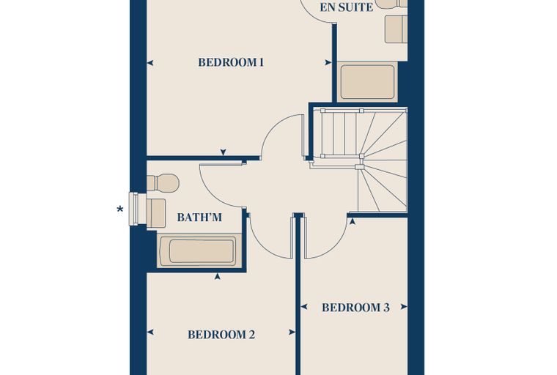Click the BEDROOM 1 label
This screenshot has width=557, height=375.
(x=231, y=62)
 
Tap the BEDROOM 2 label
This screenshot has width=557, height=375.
(x=221, y=335)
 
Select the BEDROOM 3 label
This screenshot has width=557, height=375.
(x=355, y=308)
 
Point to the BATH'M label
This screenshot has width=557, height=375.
(x=199, y=217)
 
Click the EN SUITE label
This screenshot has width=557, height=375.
(x=347, y=7)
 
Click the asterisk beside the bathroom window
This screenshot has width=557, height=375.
(x=120, y=209)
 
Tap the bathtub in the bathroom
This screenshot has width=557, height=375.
(x=199, y=250)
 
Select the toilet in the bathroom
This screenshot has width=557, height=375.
(x=163, y=183)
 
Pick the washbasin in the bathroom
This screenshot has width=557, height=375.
(x=156, y=213)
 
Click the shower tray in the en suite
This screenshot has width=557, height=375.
(x=367, y=82)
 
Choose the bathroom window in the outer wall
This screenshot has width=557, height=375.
(x=133, y=209)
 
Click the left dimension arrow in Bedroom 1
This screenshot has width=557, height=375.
(x=150, y=63)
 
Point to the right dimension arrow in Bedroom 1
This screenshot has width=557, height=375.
(x=328, y=63)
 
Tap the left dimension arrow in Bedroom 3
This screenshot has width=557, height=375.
(x=303, y=307)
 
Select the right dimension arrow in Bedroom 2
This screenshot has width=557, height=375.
(x=292, y=333)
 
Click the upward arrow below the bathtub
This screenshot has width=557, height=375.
(x=218, y=276)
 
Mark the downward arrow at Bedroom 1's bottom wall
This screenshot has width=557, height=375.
(x=223, y=152)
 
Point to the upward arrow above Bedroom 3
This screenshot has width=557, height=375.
(x=352, y=222)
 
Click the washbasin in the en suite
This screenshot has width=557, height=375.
(x=396, y=29)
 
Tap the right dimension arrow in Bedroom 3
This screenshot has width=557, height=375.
(x=404, y=307)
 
